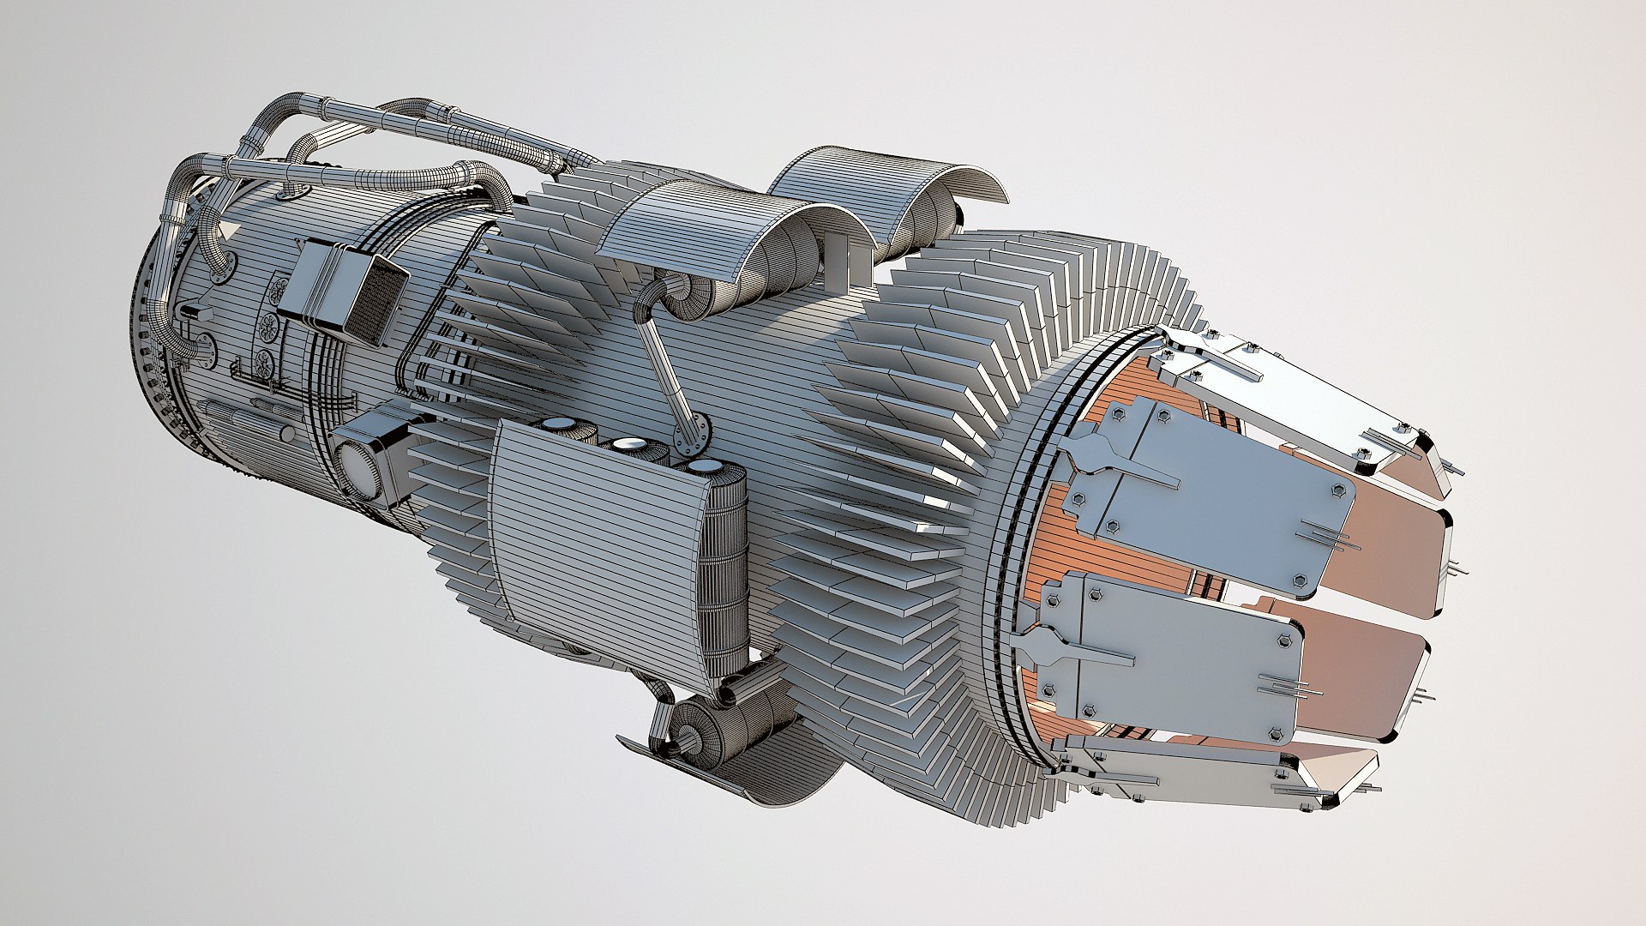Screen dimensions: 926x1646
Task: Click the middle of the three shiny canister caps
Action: click(x=630, y=444)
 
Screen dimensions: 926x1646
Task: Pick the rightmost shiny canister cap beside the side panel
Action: click(x=706, y=466)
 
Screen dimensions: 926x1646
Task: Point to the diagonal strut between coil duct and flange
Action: click(x=669, y=369)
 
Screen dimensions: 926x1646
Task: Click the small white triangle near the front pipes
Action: click(x=231, y=230)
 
